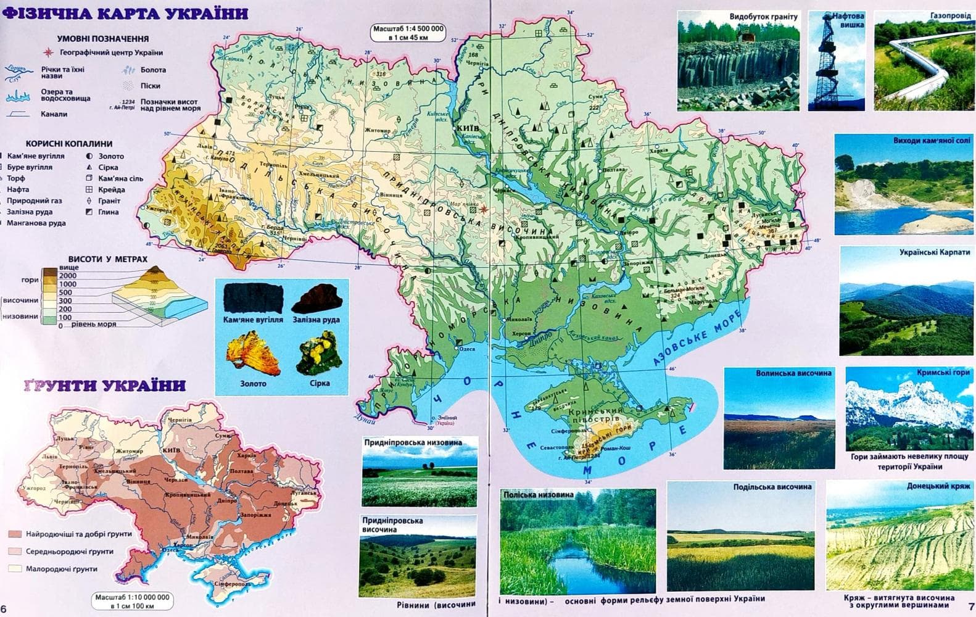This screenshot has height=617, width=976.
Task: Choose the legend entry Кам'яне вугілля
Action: [35, 156]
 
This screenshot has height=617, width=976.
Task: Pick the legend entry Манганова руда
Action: [35, 223]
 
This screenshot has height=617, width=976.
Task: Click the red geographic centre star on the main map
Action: [483, 209]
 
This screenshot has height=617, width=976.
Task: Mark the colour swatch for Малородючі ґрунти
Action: [15, 568]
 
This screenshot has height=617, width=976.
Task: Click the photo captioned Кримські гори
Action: [907, 408]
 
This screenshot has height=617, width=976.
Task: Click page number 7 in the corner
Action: [971, 607]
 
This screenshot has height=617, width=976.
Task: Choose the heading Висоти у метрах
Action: [107, 259]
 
